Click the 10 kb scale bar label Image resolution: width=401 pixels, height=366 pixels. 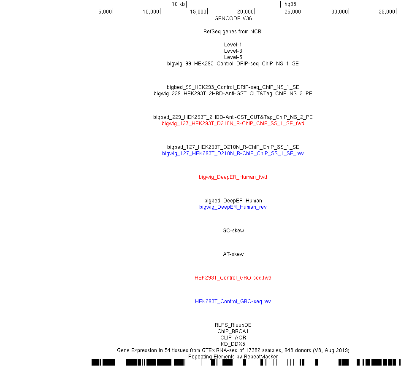point(178,4)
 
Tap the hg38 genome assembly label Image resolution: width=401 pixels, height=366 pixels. point(290,4)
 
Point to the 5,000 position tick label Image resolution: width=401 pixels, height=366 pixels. point(105,12)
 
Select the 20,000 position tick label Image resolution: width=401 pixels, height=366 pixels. point(246,12)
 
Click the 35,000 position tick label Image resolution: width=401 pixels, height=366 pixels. point(387,12)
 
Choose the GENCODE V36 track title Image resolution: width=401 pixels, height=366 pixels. point(233,19)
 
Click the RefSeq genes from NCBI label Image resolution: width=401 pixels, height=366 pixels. point(233,32)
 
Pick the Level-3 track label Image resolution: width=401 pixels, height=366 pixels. point(233,51)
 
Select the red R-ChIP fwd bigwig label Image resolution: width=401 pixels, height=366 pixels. point(233,124)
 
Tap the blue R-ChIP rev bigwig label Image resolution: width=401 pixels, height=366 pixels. point(233,153)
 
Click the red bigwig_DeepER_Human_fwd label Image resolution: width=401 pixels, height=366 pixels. point(233,177)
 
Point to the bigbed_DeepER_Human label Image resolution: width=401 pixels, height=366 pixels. point(233,200)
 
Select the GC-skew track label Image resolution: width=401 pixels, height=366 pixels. point(233,230)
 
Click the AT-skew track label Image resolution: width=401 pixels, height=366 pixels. point(233,254)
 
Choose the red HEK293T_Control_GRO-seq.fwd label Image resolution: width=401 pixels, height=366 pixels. point(233,277)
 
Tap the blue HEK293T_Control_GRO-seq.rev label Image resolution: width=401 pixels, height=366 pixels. point(233,301)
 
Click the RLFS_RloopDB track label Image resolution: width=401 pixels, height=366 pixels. point(233,325)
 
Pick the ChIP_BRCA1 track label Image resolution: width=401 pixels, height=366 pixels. point(233,331)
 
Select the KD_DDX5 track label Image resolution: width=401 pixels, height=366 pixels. point(233,344)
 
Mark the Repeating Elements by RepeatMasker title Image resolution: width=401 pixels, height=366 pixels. point(233,357)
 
